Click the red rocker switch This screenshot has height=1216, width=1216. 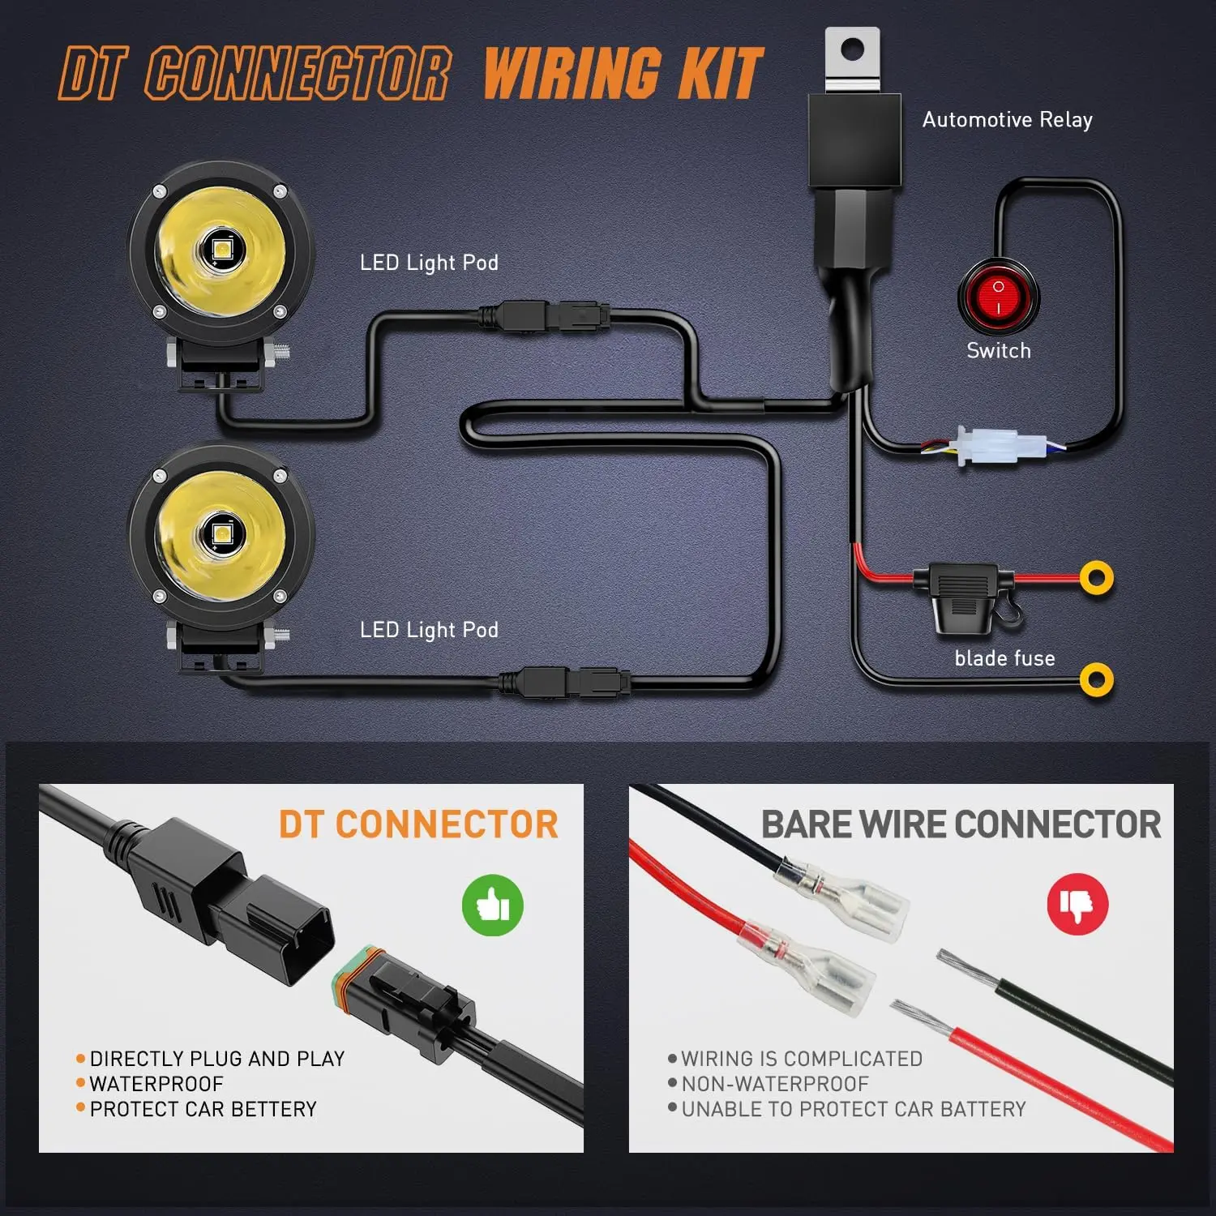click(x=998, y=298)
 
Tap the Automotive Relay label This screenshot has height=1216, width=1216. click(x=1007, y=120)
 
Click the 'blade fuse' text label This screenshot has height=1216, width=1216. click(x=1004, y=658)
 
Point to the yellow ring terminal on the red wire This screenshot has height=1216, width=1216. click(x=1096, y=578)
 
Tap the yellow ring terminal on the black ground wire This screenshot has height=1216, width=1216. click(x=1096, y=679)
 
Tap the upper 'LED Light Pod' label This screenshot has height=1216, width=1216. click(x=429, y=263)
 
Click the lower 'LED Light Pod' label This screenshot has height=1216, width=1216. click(x=429, y=630)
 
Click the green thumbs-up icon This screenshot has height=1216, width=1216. click(x=492, y=905)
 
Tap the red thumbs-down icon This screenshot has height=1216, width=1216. click(x=1077, y=903)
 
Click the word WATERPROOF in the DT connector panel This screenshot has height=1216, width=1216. click(x=156, y=1084)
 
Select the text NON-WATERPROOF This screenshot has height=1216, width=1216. click(x=774, y=1084)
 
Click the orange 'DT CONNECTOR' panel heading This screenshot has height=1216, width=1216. click(x=418, y=824)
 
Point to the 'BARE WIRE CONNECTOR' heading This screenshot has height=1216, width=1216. click(x=961, y=824)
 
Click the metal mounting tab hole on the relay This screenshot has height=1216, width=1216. click(x=850, y=50)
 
